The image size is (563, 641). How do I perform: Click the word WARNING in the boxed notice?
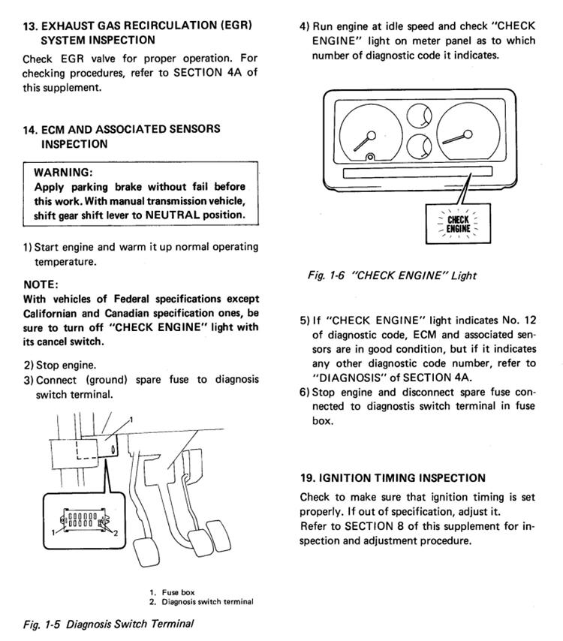62,172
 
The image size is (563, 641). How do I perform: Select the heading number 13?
31,26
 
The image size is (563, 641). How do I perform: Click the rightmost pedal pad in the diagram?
219,539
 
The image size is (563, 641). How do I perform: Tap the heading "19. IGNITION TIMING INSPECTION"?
392,477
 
